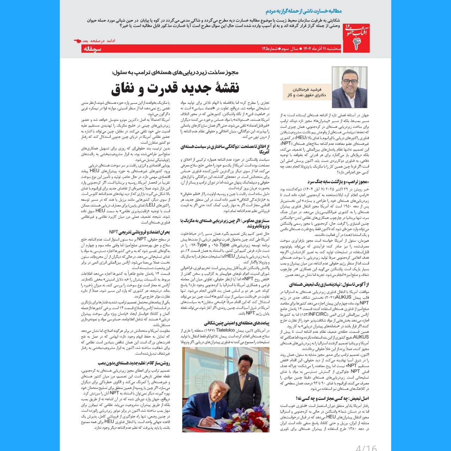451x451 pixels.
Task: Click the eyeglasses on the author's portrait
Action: click(350, 81)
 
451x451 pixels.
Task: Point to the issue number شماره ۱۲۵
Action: click(269, 48)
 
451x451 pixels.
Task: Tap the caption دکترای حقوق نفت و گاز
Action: click(307, 95)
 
